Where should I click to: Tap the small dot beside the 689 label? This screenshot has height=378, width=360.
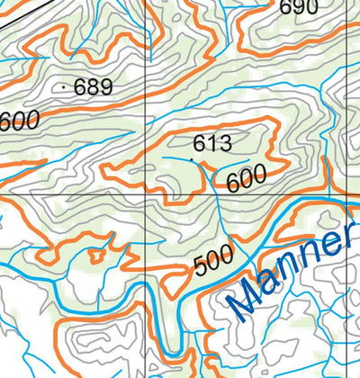click(x=68, y=87)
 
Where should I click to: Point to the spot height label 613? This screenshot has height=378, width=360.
click(x=212, y=142)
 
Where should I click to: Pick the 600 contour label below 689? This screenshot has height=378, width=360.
click(x=19, y=119)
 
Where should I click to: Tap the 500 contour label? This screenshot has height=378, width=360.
click(x=213, y=261)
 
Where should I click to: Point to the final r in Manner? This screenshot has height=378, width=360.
click(x=341, y=238)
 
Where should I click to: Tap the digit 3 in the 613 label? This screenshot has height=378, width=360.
click(x=225, y=142)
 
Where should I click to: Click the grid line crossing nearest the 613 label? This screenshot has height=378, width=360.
click(x=146, y=194)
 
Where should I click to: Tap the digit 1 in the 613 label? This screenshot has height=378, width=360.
click(x=212, y=142)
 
